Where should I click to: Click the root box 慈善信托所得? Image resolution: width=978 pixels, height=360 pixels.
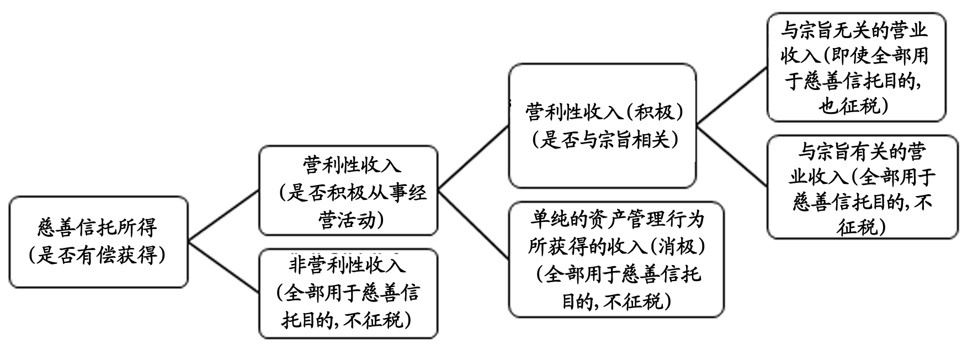(x=98, y=241)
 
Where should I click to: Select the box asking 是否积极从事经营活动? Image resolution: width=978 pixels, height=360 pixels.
(x=348, y=190)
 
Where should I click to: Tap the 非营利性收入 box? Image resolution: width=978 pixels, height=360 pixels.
(x=348, y=293)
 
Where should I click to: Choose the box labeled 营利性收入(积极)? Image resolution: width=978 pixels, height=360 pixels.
(x=602, y=126)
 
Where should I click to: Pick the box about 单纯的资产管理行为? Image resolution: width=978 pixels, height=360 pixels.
(x=616, y=260)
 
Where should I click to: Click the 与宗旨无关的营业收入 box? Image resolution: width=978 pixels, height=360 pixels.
(x=856, y=67)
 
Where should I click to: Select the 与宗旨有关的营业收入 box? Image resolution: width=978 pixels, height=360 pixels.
(x=863, y=187)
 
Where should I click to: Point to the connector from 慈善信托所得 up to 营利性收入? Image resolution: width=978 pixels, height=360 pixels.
(x=224, y=216)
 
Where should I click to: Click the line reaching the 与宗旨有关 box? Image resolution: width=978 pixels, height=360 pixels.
(x=732, y=155)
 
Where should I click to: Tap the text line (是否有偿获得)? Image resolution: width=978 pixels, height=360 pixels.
(x=98, y=255)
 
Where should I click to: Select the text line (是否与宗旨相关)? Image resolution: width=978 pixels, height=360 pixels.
(x=604, y=140)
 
